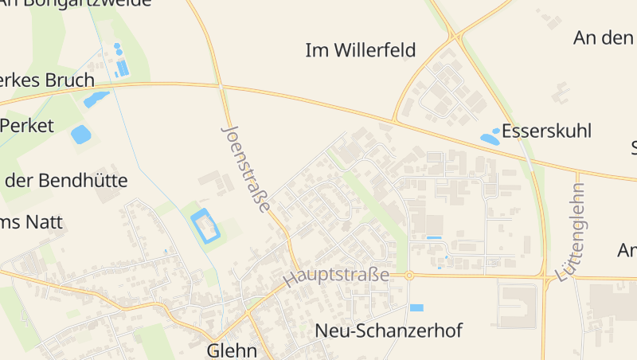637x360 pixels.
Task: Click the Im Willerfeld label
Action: (x=361, y=51)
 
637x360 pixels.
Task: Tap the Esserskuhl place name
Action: (x=547, y=131)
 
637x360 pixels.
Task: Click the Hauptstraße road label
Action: (x=336, y=276)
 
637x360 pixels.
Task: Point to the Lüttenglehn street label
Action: (x=572, y=232)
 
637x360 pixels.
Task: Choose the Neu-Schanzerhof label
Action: (x=389, y=330)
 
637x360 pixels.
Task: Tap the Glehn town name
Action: (x=232, y=350)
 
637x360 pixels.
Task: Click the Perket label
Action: (x=27, y=125)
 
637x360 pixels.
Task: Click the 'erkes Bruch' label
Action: (x=47, y=80)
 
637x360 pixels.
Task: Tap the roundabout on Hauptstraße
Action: (x=408, y=276)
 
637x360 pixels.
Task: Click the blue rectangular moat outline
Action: (x=205, y=225)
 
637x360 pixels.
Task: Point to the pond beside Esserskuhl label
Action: (x=490, y=139)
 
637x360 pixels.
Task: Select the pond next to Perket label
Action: (x=81, y=134)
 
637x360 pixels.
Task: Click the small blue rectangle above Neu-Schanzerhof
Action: (x=416, y=307)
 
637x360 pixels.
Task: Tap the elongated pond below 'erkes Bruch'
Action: (x=96, y=100)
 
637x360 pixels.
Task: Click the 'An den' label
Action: (x=603, y=37)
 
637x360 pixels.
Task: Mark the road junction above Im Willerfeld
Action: (x=456, y=36)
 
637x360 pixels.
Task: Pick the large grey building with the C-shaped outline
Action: (x=518, y=305)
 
